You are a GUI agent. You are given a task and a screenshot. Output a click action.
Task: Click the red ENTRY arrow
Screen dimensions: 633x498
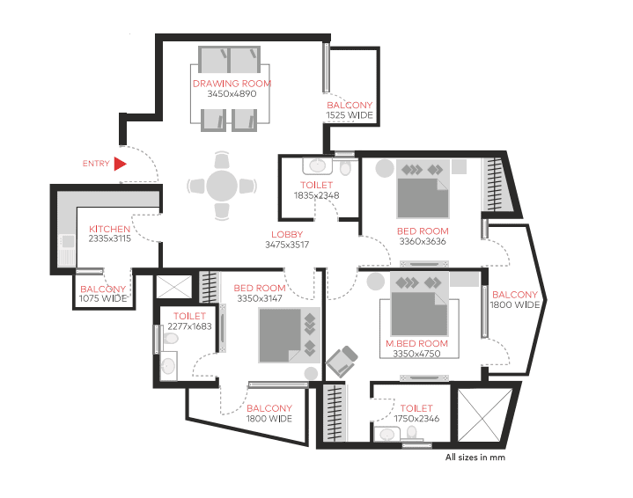[x=120, y=164]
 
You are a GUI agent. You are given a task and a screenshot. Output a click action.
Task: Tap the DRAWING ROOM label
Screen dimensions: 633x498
[x=232, y=84]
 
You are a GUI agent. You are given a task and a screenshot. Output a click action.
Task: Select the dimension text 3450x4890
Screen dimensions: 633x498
[x=232, y=93]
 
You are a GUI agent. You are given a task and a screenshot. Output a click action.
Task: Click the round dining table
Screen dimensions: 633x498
[x=222, y=186]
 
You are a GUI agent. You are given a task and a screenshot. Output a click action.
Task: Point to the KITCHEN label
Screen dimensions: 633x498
[x=109, y=229]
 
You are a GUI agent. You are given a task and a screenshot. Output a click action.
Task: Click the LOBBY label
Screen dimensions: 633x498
[x=287, y=234]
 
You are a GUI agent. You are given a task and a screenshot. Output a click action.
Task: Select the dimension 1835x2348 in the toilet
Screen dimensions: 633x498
[x=317, y=195]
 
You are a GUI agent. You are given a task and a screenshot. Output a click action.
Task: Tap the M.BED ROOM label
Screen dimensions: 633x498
[x=416, y=343]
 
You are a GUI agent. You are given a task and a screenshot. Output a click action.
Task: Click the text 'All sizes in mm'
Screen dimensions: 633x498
[x=475, y=458]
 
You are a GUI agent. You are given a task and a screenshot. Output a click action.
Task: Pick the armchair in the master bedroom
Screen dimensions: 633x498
[x=342, y=361]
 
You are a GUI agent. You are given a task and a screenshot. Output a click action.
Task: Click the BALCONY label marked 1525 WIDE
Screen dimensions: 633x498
[x=350, y=105]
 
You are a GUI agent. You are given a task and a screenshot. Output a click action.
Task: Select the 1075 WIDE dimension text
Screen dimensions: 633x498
[x=103, y=298]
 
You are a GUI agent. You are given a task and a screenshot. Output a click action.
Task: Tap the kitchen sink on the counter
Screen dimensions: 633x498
[x=68, y=241]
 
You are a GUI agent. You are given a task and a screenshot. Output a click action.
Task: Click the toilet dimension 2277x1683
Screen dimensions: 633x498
[x=190, y=326]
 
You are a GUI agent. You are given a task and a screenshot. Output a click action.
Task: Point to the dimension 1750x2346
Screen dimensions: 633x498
[x=416, y=419]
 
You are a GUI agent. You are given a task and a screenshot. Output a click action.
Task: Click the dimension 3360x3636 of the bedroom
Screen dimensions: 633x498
[x=423, y=241]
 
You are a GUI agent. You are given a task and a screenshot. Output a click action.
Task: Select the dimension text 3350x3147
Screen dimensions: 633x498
[x=260, y=298]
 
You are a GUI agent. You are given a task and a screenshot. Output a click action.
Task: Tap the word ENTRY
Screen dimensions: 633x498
[x=96, y=164]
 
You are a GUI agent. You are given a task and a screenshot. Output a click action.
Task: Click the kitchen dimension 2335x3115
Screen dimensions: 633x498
[x=110, y=238]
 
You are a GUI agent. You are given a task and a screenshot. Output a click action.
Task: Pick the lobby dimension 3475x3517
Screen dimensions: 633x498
[x=287, y=245]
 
